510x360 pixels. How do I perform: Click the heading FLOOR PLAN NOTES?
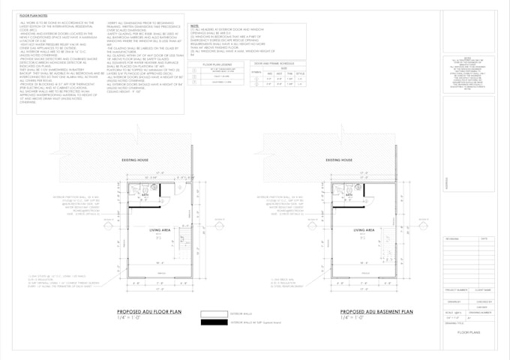34,15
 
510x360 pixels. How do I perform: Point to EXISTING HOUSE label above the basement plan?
339,160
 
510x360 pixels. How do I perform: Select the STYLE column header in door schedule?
299,73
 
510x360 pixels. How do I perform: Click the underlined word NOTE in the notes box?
194,25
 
